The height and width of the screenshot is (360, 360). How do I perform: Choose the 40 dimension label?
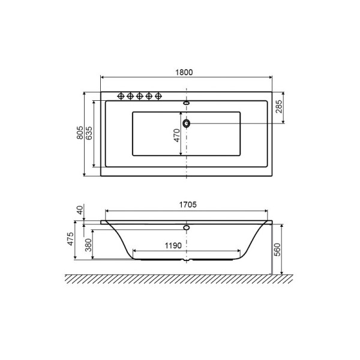coord(80,209)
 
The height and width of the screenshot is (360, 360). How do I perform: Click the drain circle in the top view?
coord(187,124)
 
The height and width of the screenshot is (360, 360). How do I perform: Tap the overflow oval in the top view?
coord(187,103)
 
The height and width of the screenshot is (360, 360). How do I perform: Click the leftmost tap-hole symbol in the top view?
coord(120,96)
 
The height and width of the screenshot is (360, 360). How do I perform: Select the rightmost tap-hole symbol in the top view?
coord(158,96)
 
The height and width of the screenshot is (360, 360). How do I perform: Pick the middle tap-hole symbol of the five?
coord(139,96)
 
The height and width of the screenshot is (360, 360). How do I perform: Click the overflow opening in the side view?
coord(187,228)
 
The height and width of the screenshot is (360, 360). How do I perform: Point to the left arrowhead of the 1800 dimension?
coord(102,78)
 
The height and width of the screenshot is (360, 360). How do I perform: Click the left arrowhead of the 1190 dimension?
coord(134,250)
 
